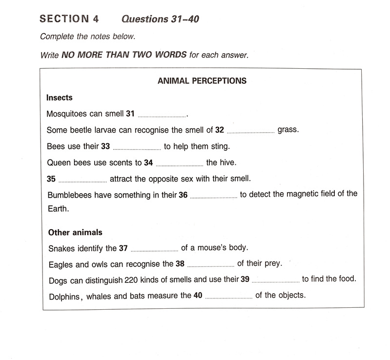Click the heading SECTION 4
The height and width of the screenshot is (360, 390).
pos(69,19)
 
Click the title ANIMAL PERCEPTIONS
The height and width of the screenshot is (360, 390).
pos(202,81)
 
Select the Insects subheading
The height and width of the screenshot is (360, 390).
pos(59,98)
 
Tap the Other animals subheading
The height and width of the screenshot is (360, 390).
pos(75,232)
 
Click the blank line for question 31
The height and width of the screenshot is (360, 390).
pos(162,116)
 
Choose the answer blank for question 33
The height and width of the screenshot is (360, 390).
pos(137,148)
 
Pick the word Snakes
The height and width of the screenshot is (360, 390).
pos(62,248)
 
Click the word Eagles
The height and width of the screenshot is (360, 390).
pos(62,264)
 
